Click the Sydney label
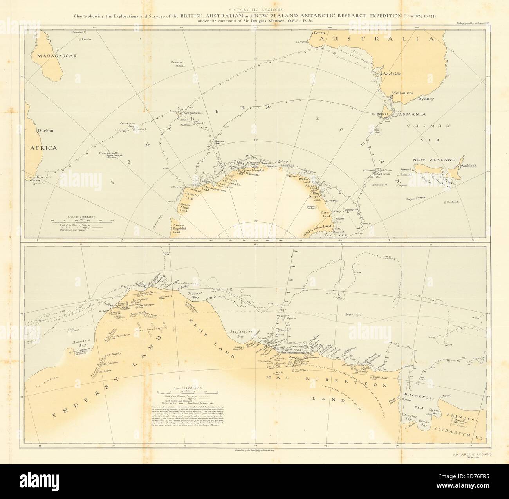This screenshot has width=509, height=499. click(x=427, y=99)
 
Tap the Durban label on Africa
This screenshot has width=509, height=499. click(x=45, y=130)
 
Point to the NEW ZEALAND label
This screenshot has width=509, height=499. click(x=433, y=160)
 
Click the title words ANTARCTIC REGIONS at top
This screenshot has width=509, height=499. click(x=254, y=11)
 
